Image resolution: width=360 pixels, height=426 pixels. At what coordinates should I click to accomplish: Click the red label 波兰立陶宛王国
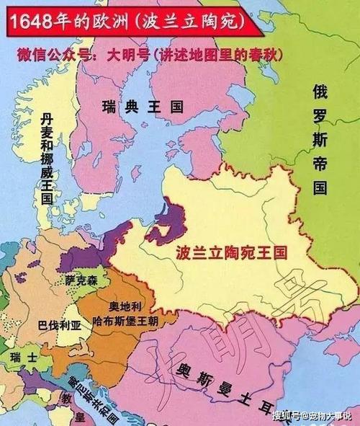(231, 254)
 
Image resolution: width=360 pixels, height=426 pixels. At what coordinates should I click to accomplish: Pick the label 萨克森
(80, 279)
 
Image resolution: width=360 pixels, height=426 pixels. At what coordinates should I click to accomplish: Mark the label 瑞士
(19, 357)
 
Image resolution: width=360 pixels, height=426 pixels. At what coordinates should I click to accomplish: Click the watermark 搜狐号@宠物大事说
(312, 416)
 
